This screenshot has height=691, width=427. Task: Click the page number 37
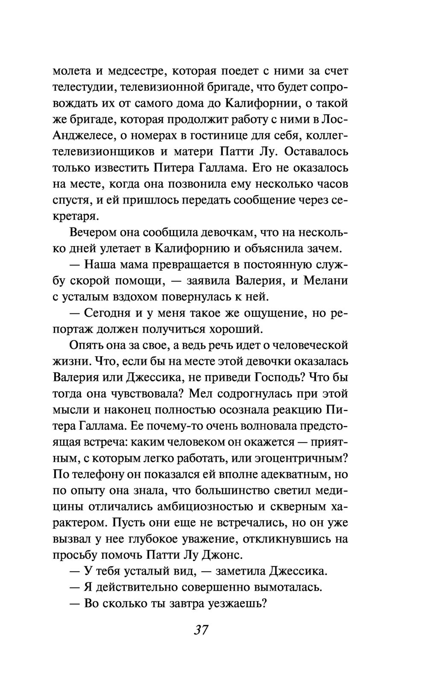[201, 630]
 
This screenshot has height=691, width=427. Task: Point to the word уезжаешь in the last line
[234, 604]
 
